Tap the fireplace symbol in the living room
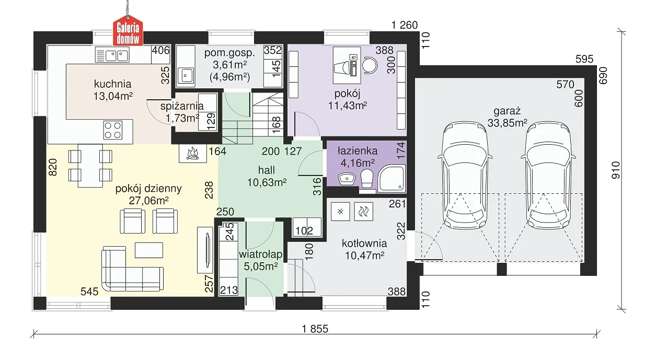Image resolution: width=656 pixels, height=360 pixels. [193, 154]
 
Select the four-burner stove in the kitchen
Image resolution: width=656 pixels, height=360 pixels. [113, 130]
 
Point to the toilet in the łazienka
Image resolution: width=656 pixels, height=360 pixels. [366, 178]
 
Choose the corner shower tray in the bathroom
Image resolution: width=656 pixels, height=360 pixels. [392, 178]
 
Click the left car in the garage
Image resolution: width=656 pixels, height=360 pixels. [465, 175]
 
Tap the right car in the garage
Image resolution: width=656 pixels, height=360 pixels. [548, 175]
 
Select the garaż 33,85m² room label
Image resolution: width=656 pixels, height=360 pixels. [507, 117]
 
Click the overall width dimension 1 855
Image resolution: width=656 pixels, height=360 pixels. [315, 329]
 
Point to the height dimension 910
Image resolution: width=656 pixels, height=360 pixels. [616, 170]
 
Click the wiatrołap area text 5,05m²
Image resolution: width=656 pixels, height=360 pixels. [261, 266]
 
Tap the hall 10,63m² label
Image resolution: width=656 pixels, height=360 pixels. [267, 176]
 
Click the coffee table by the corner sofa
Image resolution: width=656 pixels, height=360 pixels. [149, 250]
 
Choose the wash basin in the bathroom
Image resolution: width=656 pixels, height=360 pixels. [347, 178]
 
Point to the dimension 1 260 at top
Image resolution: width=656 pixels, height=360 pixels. [405, 25]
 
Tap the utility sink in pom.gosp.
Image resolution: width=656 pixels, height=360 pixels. [186, 76]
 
